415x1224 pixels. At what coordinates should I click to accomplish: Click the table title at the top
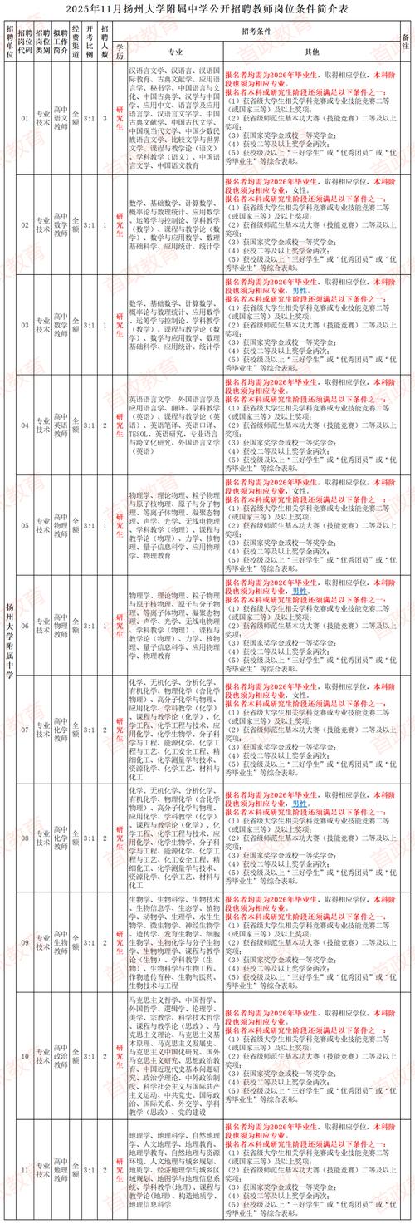[x=207, y=7]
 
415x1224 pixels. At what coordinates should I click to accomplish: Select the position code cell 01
[x=24, y=118]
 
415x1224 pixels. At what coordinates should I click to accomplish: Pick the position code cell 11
[x=24, y=1171]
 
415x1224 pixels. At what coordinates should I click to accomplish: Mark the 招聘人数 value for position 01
[x=105, y=118]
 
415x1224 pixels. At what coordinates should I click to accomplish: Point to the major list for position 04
[x=175, y=426]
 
